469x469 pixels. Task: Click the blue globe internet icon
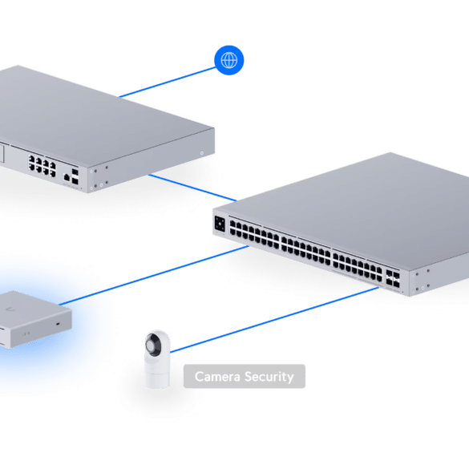click(x=229, y=60)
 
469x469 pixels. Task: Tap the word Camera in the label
click(x=217, y=376)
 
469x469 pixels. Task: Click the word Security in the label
click(x=269, y=377)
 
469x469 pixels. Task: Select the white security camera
click(x=157, y=359)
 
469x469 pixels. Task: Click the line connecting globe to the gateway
click(x=168, y=82)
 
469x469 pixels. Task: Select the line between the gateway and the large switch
click(x=193, y=188)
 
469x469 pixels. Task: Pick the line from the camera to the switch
click(x=274, y=320)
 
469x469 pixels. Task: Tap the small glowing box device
click(x=35, y=319)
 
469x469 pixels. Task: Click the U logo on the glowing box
click(x=12, y=309)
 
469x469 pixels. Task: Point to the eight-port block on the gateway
click(x=42, y=166)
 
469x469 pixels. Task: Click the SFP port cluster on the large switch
click(x=393, y=279)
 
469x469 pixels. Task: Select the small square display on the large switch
click(x=220, y=224)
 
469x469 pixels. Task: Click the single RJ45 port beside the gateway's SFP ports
click(x=67, y=177)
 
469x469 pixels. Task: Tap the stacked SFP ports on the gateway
click(x=75, y=176)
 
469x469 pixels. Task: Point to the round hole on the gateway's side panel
click(x=201, y=153)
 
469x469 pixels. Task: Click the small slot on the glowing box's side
click(x=58, y=324)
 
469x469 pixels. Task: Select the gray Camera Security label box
click(x=245, y=376)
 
